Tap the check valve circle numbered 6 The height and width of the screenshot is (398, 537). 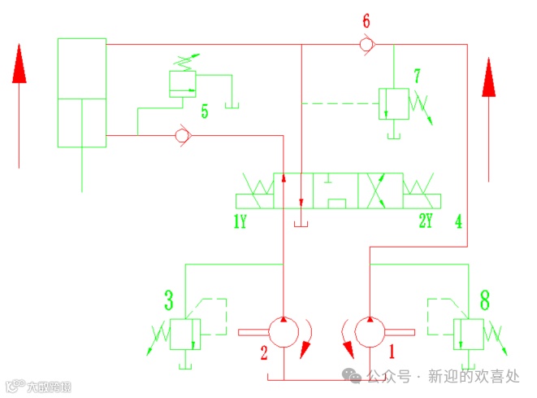pyautogui.click(x=367, y=45)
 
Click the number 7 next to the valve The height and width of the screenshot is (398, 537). pyautogui.click(x=417, y=77)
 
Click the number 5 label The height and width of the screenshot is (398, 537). pyautogui.click(x=205, y=112)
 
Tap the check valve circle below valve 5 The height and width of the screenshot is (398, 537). pyautogui.click(x=183, y=134)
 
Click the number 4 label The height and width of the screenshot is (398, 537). pyautogui.click(x=459, y=221)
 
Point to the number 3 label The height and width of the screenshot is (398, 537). pyautogui.click(x=168, y=301)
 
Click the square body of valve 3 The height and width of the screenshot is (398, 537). pyautogui.click(x=184, y=334)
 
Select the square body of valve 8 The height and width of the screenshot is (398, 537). pyautogui.click(x=469, y=334)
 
